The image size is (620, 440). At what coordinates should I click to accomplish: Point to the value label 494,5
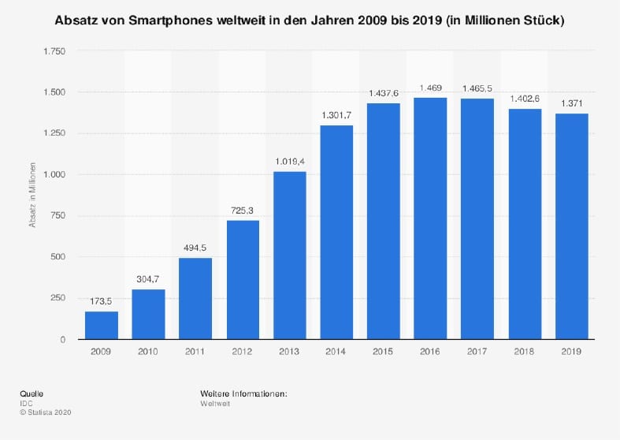pos(195,247)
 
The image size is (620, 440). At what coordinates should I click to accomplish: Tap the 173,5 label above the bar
pos(101,300)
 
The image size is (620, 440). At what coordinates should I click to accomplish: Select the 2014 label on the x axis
pos(336,352)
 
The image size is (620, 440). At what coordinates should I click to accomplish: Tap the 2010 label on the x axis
pos(148,352)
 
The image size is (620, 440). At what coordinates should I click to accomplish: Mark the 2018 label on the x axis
pos(525,352)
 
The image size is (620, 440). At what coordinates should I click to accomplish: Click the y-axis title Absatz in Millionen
pos(33,196)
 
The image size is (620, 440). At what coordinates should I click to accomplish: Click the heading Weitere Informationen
pos(243,393)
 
